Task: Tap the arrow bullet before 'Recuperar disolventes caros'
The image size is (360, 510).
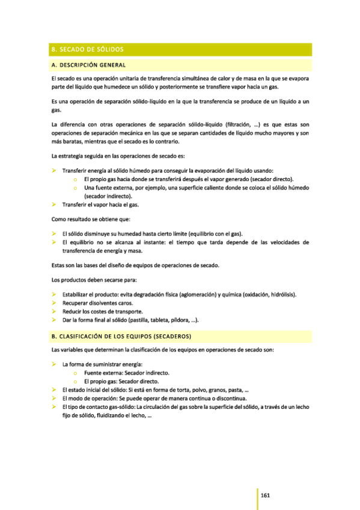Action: point(53,303)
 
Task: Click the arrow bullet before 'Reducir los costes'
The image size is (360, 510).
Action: point(53,312)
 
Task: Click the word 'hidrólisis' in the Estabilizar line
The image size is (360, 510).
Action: point(281,295)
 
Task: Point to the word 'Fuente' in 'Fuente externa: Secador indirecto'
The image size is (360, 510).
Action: point(94,373)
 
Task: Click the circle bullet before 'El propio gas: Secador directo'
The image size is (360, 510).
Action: point(75,381)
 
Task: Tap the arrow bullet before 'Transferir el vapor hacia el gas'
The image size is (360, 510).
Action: point(53,204)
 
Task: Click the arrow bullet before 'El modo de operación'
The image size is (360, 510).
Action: point(53,398)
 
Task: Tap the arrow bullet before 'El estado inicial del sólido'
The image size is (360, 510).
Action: point(53,390)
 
